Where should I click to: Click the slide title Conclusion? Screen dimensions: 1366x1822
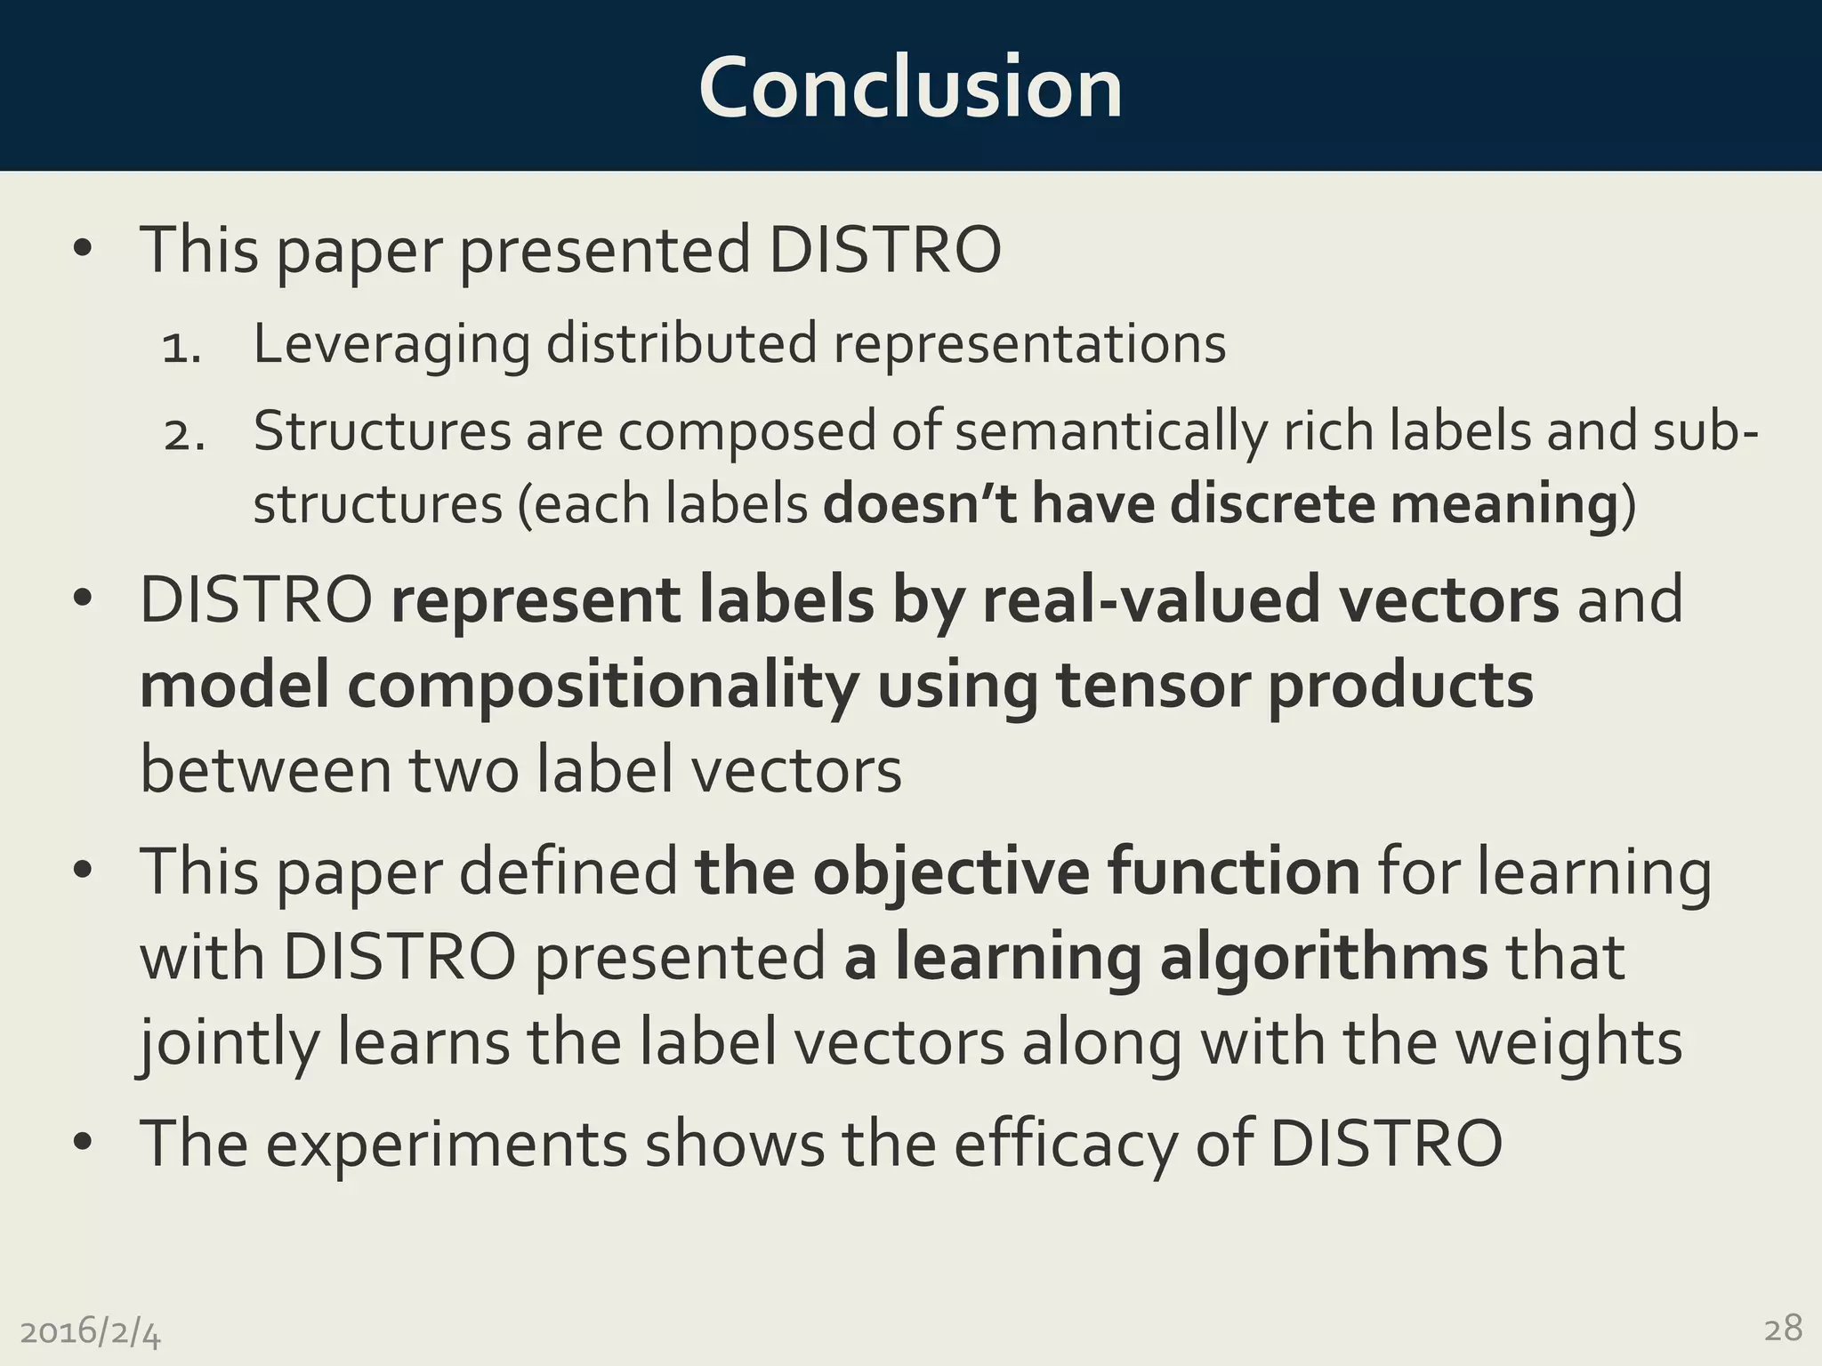910,87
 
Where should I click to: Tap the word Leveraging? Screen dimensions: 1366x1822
391,344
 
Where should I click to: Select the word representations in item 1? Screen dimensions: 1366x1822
1029,344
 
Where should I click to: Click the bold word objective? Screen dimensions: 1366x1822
950,872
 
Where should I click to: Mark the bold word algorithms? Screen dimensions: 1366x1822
1324,958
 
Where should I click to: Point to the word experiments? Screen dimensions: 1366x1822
447,1144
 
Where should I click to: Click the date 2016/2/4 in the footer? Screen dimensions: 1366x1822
91,1332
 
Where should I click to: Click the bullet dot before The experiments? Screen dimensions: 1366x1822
83,1143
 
